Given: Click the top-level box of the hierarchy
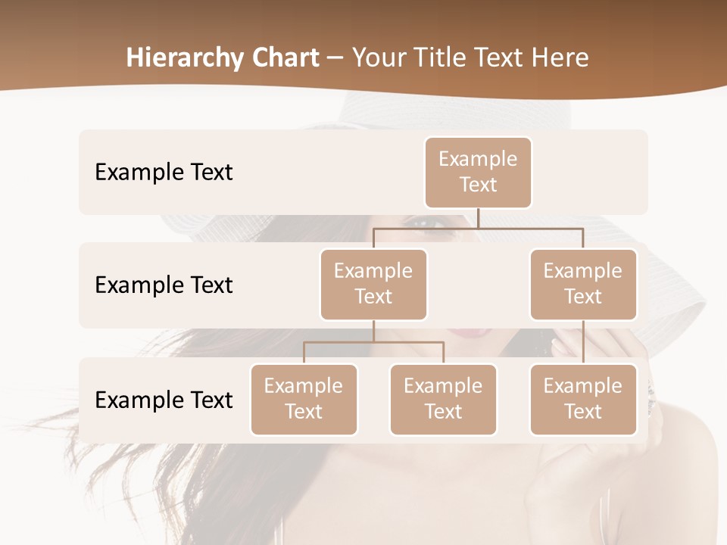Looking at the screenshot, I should pos(478,172).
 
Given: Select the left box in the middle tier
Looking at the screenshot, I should pos(373,284).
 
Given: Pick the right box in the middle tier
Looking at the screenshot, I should pos(583,284).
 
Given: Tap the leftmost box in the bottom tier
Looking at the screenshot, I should pos(304,399).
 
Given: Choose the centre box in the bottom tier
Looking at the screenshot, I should pos(443,399).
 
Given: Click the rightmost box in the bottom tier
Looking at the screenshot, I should pos(583,399).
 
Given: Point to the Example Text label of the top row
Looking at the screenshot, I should pos(164,172).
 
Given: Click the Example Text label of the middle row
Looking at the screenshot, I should pos(164,285).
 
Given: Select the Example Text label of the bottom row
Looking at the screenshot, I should pos(164,400).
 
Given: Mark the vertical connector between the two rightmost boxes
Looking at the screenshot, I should pos(583,342).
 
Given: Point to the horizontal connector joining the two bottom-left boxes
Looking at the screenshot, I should pos(373,342).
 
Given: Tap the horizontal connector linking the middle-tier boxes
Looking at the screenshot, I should pos(478,227).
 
